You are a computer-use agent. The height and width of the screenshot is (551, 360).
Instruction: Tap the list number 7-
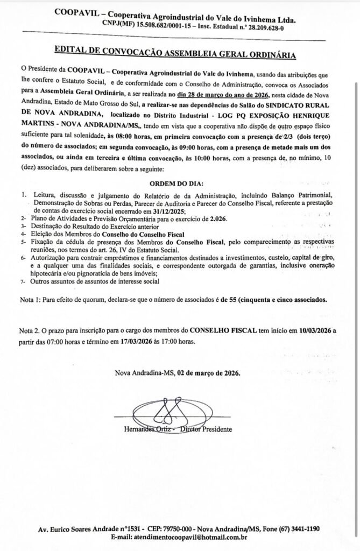point(23,280)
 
